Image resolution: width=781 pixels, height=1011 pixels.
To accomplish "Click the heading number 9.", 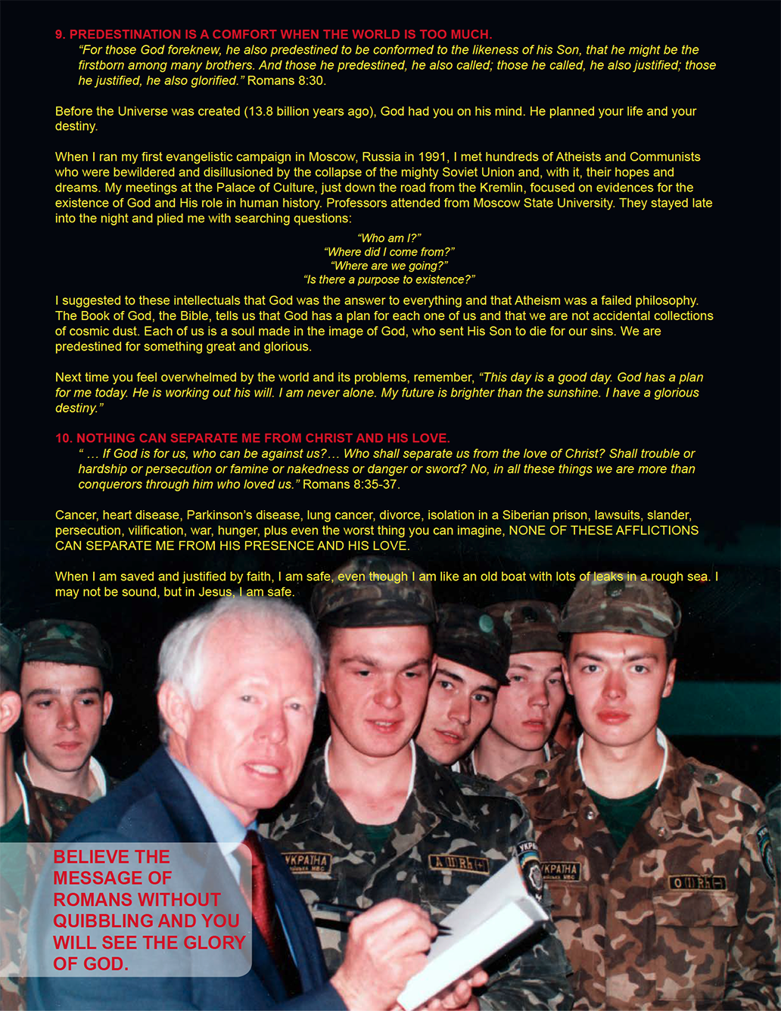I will [x=60, y=35].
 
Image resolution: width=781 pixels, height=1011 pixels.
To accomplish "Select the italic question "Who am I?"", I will [x=389, y=238].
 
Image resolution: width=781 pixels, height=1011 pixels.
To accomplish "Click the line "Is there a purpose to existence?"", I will [x=389, y=280].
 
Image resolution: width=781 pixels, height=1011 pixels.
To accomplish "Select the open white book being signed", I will [x=484, y=931].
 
